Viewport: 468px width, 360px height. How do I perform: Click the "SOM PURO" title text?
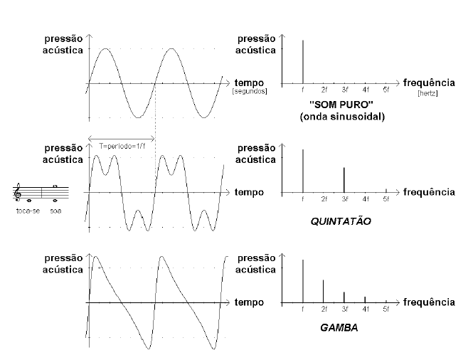pos(341,105)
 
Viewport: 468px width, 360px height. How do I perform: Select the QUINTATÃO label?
pos(341,221)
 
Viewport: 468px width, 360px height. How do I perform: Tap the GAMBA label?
pos(339,327)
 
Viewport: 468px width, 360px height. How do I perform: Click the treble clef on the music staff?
pos(17,191)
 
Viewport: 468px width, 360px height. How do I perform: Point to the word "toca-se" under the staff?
pos(28,211)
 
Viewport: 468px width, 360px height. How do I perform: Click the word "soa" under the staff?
pos(55,211)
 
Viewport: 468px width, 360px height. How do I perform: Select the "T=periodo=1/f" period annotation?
pos(122,146)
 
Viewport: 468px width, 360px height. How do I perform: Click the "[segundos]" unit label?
pos(250,91)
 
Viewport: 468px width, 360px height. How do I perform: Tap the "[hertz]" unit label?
pos(427,93)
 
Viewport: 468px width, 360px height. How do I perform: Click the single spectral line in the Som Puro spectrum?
pos(303,62)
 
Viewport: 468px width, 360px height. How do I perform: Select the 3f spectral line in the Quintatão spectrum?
pos(344,180)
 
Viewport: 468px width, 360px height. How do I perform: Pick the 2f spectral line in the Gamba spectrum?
pos(323,291)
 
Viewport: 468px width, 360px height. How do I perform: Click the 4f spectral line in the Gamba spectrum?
pos(365,300)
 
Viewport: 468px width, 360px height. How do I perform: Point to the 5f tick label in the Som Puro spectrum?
pos(386,90)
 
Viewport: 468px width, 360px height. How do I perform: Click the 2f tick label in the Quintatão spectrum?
pos(324,198)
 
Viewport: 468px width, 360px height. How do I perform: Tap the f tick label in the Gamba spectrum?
pos(303,309)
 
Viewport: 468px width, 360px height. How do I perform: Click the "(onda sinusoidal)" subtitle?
pos(342,117)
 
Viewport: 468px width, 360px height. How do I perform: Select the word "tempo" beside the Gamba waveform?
pos(249,302)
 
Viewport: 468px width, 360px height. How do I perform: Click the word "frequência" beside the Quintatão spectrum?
pos(429,191)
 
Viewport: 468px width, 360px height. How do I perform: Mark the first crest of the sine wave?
pos(105,48)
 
